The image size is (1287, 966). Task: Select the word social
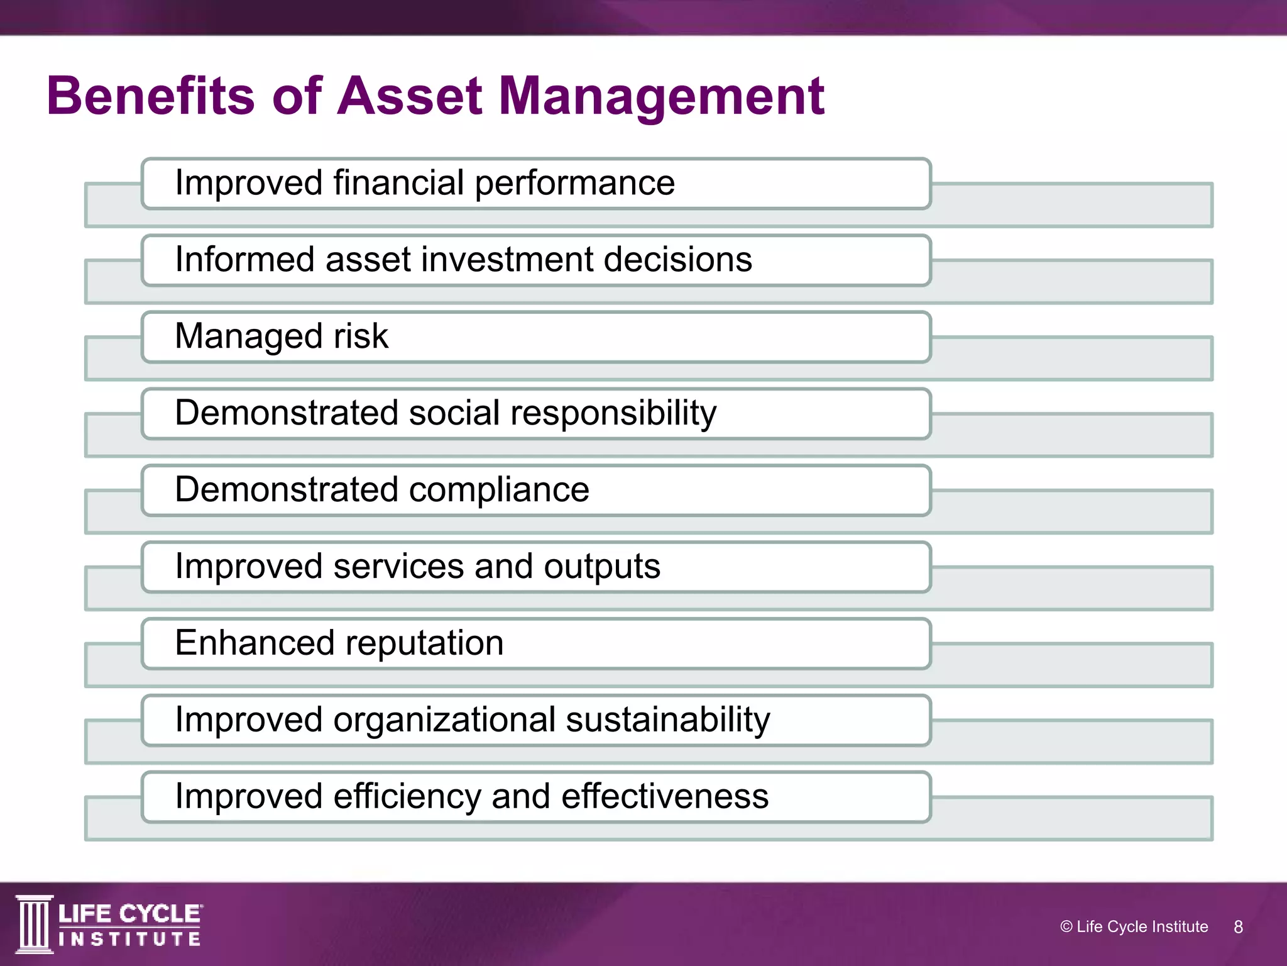(x=454, y=413)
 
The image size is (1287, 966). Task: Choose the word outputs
(x=601, y=567)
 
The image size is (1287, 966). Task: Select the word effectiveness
(x=664, y=797)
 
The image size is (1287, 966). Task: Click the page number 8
(x=1238, y=926)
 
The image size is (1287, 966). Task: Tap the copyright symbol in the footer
(x=1066, y=926)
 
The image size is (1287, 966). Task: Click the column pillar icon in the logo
(x=34, y=924)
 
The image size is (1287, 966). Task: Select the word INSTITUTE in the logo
(x=129, y=939)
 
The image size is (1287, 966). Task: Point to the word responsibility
(x=613, y=413)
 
